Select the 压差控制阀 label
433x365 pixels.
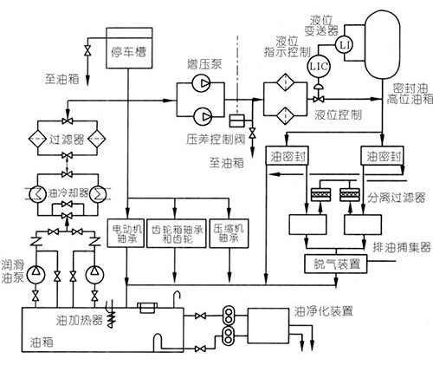coord(213,137)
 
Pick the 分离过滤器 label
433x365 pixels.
coord(397,199)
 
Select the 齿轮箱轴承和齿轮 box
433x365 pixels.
coord(177,232)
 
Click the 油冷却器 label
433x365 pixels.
coord(76,192)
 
